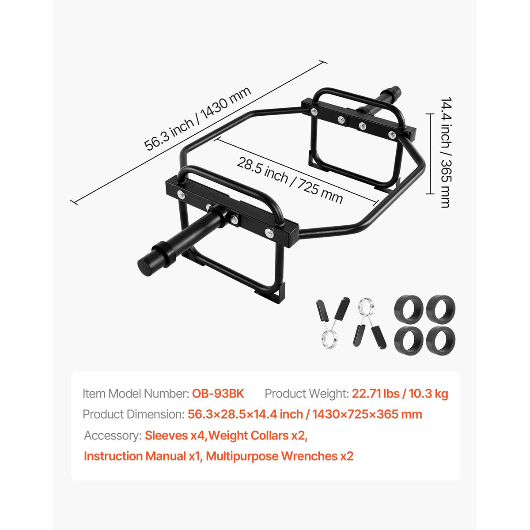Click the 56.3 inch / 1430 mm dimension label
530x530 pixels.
click(197, 119)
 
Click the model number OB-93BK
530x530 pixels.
click(218, 394)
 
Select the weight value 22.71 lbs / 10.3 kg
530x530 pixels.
click(400, 394)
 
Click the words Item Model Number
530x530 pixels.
click(135, 394)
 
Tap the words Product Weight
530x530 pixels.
click(307, 394)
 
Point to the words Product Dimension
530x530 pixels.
click(133, 414)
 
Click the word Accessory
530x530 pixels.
click(113, 435)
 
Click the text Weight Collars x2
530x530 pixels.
click(258, 435)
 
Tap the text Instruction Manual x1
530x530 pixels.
click(143, 456)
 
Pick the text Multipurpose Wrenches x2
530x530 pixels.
click(280, 456)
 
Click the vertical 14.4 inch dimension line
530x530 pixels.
click(430, 154)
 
